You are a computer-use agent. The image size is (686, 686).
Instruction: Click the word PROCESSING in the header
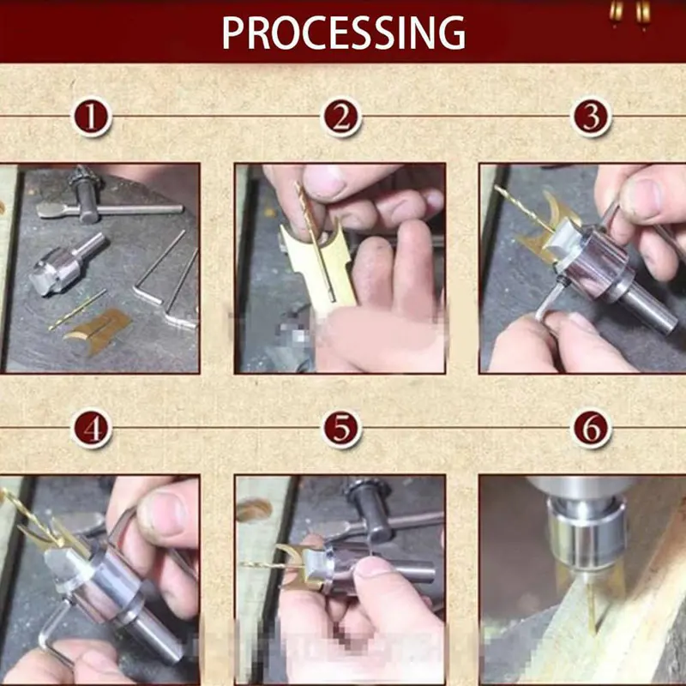tap(343, 32)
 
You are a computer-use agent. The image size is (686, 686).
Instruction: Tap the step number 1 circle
tap(92, 117)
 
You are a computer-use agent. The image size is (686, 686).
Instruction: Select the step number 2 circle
tap(341, 117)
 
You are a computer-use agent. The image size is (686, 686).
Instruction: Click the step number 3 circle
tap(591, 117)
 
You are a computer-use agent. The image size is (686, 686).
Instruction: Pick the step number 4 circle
tap(92, 429)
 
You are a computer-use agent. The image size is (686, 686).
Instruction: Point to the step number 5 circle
tap(341, 429)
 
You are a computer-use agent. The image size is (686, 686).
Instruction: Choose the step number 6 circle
tap(591, 429)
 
